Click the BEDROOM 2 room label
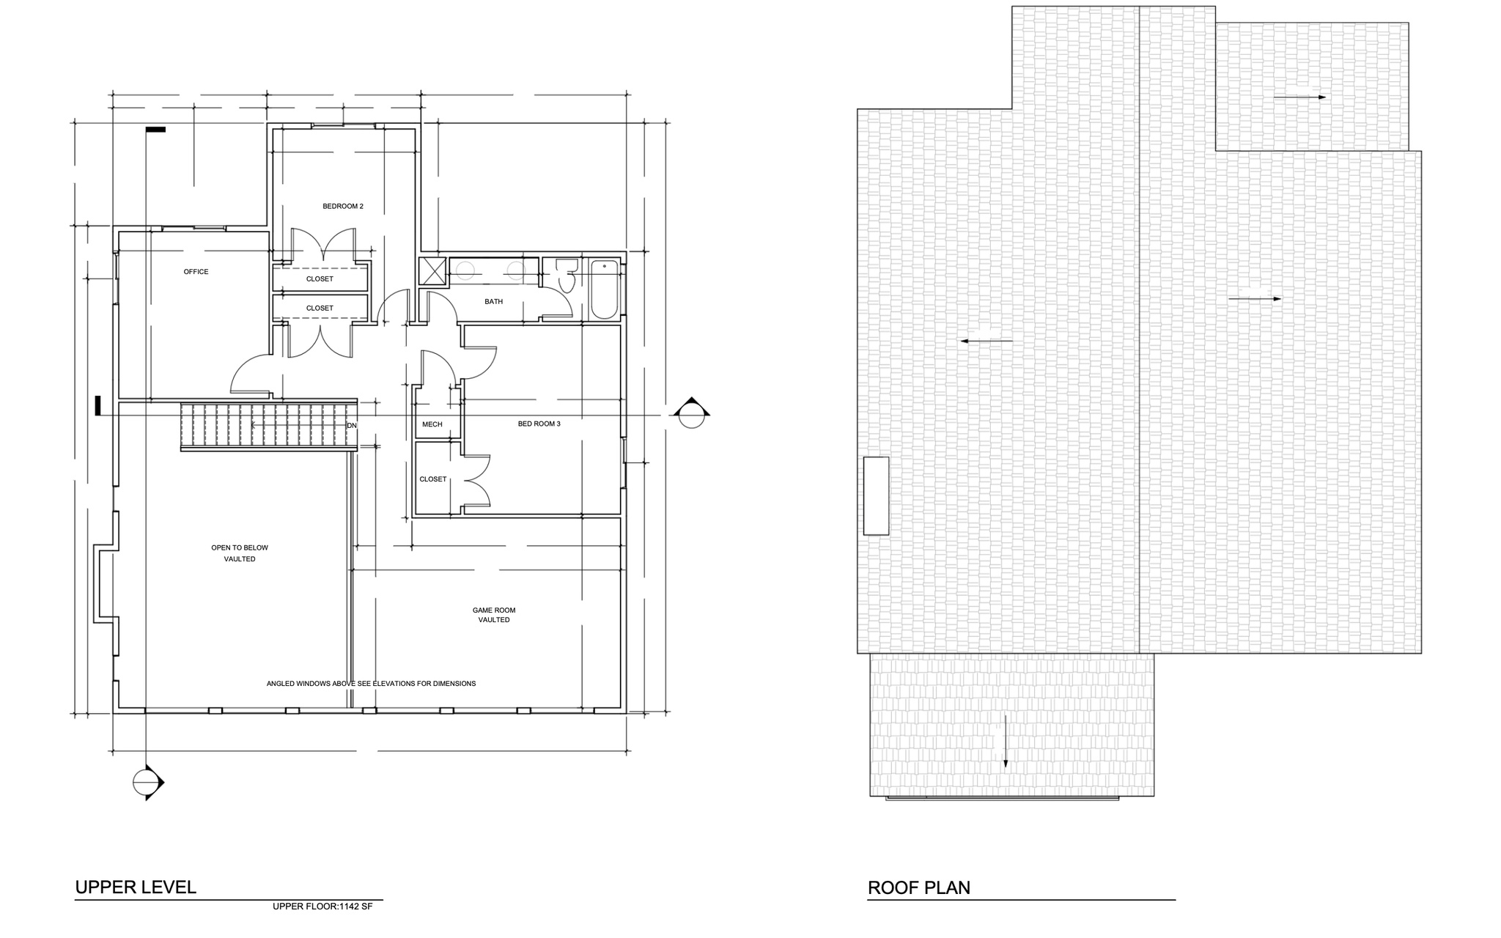point(343,207)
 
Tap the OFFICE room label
point(196,272)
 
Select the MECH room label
point(432,424)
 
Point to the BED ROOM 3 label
point(539,424)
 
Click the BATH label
point(493,302)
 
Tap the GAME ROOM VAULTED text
point(494,615)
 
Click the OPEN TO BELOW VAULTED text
point(240,553)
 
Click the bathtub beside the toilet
point(605,289)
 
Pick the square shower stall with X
point(432,271)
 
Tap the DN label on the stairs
point(352,425)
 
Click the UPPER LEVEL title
point(136,887)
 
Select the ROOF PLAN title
point(918,888)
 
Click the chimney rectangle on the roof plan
point(876,495)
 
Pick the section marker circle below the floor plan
point(146,783)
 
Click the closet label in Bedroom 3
point(432,479)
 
